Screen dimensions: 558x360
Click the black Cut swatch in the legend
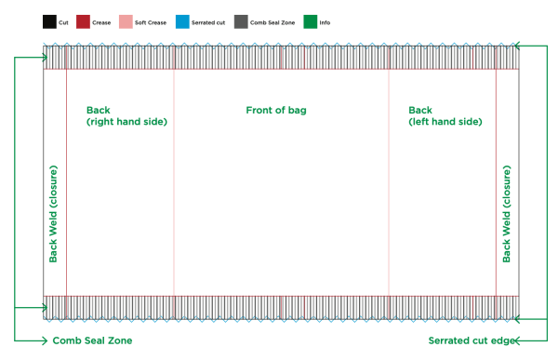(x=48, y=20)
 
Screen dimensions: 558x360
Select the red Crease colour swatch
(x=83, y=20)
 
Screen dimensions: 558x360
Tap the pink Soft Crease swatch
(x=126, y=20)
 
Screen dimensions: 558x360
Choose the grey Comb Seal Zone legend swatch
(x=241, y=20)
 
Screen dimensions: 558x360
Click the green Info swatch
(x=310, y=20)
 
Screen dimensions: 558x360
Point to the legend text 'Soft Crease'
(x=151, y=21)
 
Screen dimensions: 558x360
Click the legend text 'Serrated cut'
(x=207, y=21)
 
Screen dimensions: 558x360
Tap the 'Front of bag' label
(x=276, y=110)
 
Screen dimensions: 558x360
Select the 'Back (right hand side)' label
(x=126, y=115)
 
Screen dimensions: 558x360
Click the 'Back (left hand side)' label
(x=445, y=115)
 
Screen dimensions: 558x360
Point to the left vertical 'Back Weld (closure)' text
(x=54, y=214)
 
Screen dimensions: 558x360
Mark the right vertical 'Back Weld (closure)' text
(x=507, y=214)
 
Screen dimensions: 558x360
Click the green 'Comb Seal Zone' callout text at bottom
(x=92, y=341)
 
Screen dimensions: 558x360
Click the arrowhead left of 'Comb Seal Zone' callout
(x=43, y=341)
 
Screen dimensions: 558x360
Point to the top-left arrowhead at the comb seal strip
(x=44, y=57)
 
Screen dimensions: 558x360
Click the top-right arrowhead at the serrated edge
(x=517, y=45)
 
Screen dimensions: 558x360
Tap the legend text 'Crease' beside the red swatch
(x=103, y=21)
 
